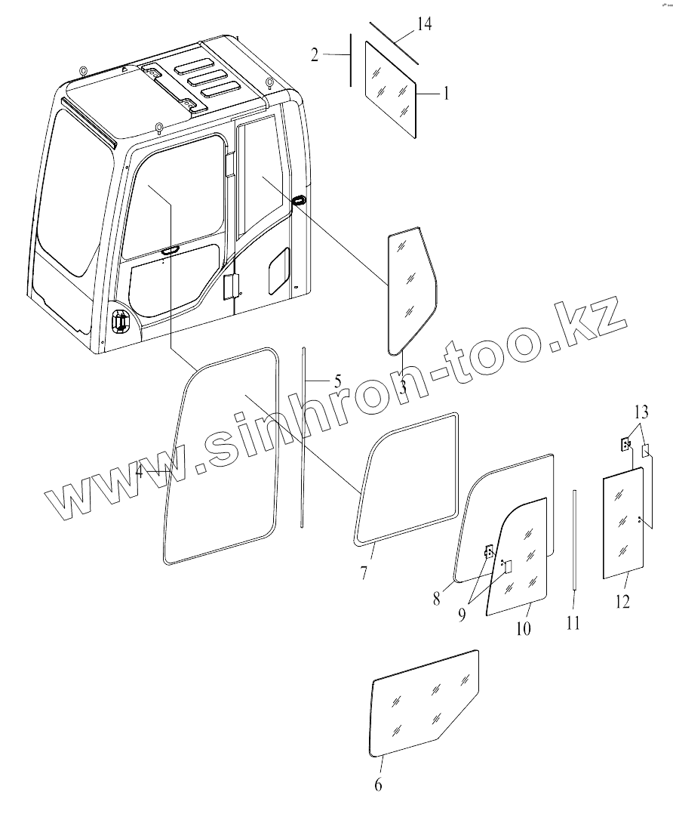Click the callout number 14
coord(424,25)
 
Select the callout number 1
coord(445,94)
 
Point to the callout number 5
coord(337,380)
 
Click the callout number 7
coord(364,573)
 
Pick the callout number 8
coord(437,599)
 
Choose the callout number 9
coord(462,614)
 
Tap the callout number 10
coord(523,628)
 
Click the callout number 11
coord(573,624)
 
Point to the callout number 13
coord(641,412)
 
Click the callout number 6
coord(378,785)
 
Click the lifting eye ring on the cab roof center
coord(159,126)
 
